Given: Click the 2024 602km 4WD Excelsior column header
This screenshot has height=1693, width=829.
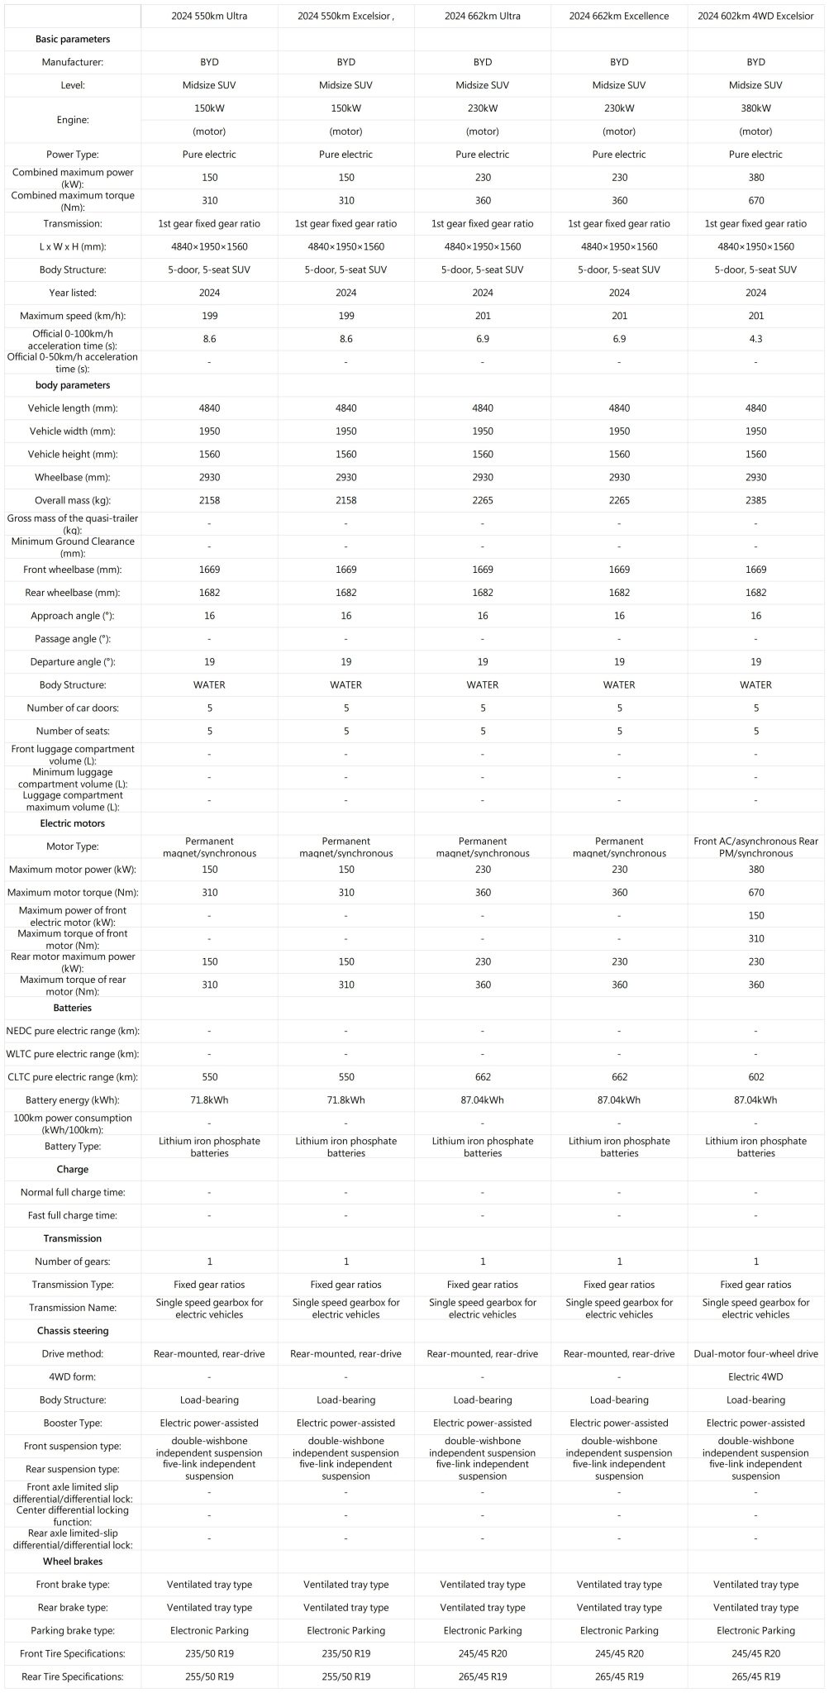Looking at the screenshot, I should click(755, 16).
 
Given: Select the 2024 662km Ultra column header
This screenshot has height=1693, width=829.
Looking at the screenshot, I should click(483, 16).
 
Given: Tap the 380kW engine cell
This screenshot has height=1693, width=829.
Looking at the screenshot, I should click(755, 108).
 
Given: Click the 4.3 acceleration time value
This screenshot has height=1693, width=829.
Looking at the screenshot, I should click(755, 339).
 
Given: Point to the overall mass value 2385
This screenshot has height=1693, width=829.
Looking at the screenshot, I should click(755, 500).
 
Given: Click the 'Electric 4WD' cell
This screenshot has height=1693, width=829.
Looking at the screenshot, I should click(755, 1377).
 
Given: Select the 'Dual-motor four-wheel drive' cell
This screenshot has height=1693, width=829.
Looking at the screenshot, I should click(755, 1354).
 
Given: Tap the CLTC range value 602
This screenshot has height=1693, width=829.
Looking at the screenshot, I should click(755, 1077).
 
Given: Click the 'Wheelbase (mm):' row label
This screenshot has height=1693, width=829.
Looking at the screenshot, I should click(73, 477).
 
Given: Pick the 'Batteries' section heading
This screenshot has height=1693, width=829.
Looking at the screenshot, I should click(73, 1008).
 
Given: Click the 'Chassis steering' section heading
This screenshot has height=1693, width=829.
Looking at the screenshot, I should click(73, 1331).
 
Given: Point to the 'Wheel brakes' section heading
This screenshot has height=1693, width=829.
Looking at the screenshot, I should click(73, 1562).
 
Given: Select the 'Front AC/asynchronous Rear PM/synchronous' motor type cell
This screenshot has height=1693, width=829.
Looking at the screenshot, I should click(755, 846).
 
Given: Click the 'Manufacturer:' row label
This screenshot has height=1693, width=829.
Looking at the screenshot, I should click(73, 62).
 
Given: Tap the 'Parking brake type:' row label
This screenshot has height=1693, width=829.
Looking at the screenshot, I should click(73, 1631).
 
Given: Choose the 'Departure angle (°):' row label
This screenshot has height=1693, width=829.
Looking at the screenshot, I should click(73, 662).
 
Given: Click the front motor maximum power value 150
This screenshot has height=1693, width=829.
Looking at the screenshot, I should click(755, 916).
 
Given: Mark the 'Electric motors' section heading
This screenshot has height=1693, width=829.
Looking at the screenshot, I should click(73, 823).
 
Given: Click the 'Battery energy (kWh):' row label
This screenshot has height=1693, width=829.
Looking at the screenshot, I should click(73, 1100).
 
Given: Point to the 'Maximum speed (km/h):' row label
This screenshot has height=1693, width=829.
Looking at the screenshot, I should click(73, 316).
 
